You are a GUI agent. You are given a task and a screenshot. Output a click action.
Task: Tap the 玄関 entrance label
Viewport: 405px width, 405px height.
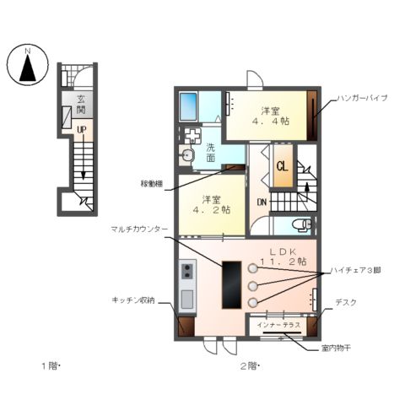80,104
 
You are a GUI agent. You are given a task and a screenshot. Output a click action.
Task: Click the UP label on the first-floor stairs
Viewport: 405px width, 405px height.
81,129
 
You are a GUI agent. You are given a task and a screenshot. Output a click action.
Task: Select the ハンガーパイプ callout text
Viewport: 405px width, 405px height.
361,99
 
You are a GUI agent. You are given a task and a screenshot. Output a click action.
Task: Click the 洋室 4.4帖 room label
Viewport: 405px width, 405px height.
270,116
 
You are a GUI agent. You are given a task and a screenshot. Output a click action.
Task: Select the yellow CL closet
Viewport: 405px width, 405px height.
283,166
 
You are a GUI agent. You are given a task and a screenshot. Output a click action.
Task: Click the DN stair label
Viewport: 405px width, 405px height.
262,202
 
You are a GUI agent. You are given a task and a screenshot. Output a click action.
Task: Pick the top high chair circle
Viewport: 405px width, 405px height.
252,268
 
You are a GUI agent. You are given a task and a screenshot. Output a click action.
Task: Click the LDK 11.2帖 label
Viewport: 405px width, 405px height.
283,257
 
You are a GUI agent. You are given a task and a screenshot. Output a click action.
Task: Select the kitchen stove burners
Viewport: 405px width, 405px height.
186,271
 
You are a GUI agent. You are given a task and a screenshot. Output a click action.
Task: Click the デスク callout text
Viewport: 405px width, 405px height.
345,302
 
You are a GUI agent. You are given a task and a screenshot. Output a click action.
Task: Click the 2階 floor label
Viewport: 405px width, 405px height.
248,365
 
